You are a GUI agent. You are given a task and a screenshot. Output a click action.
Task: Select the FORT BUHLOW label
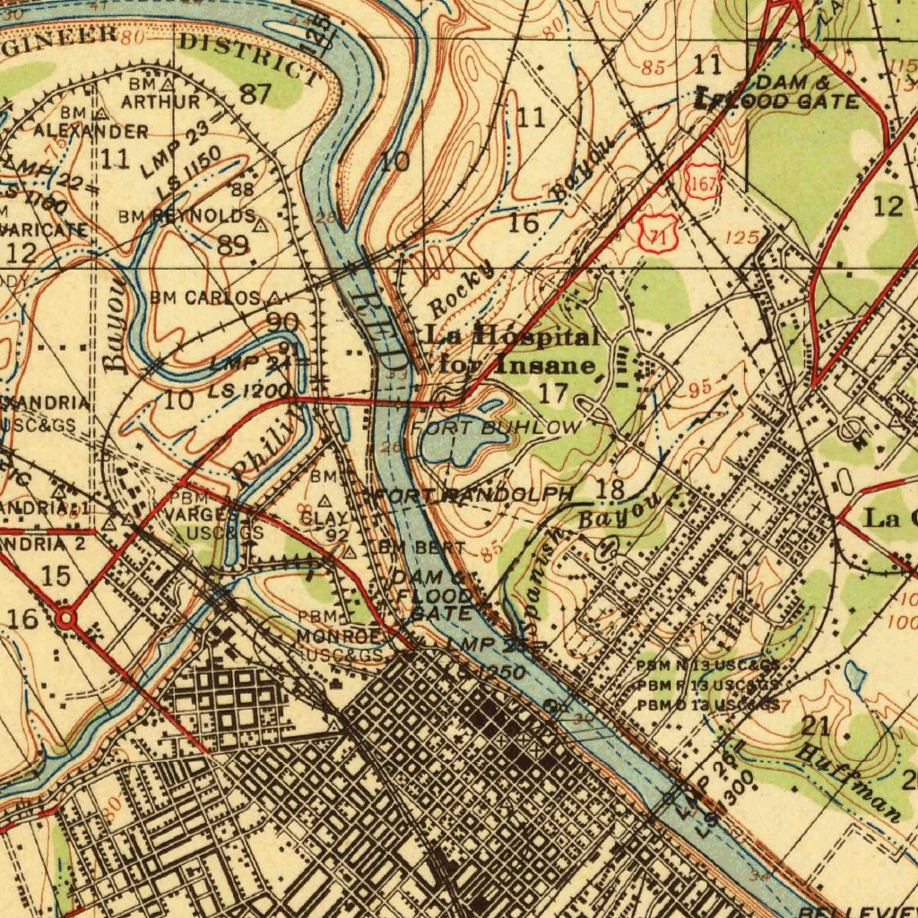pos(497,428)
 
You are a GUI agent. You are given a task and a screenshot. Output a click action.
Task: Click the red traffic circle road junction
pos(65,619)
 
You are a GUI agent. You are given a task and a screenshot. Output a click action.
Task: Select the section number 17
pos(555,392)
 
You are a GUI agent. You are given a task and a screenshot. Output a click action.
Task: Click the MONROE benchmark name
pos(337,636)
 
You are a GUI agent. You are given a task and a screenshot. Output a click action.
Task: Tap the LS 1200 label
pos(248,391)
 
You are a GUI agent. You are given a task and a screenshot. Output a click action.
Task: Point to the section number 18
pos(610,489)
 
